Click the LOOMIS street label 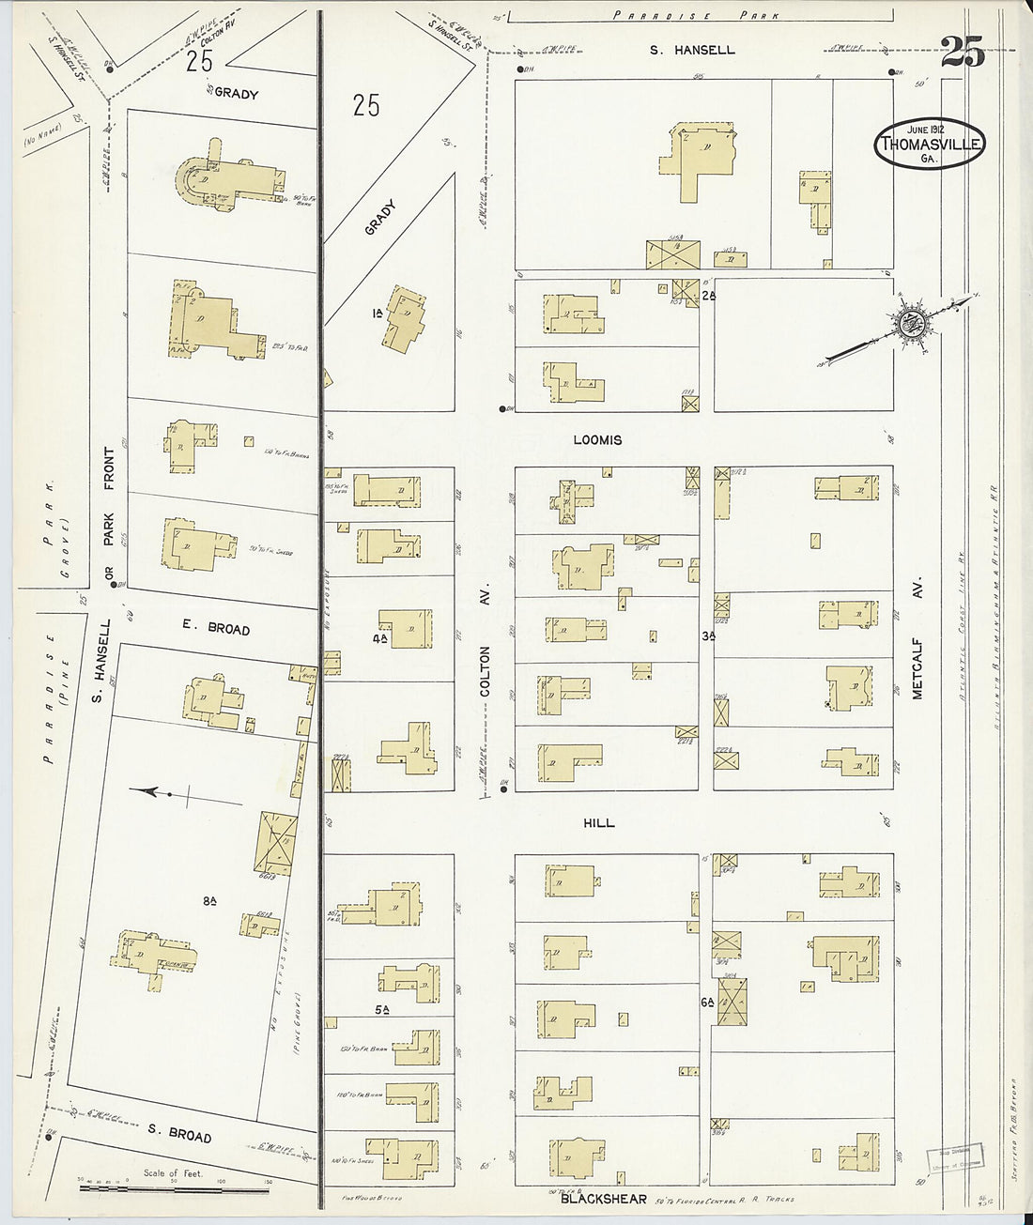(597, 439)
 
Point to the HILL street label (598, 822)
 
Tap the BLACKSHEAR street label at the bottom (603, 1199)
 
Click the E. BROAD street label (215, 627)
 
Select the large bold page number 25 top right (963, 52)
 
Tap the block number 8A (209, 901)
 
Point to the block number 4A (379, 638)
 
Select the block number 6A (707, 1002)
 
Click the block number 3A (708, 635)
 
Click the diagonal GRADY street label (380, 217)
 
